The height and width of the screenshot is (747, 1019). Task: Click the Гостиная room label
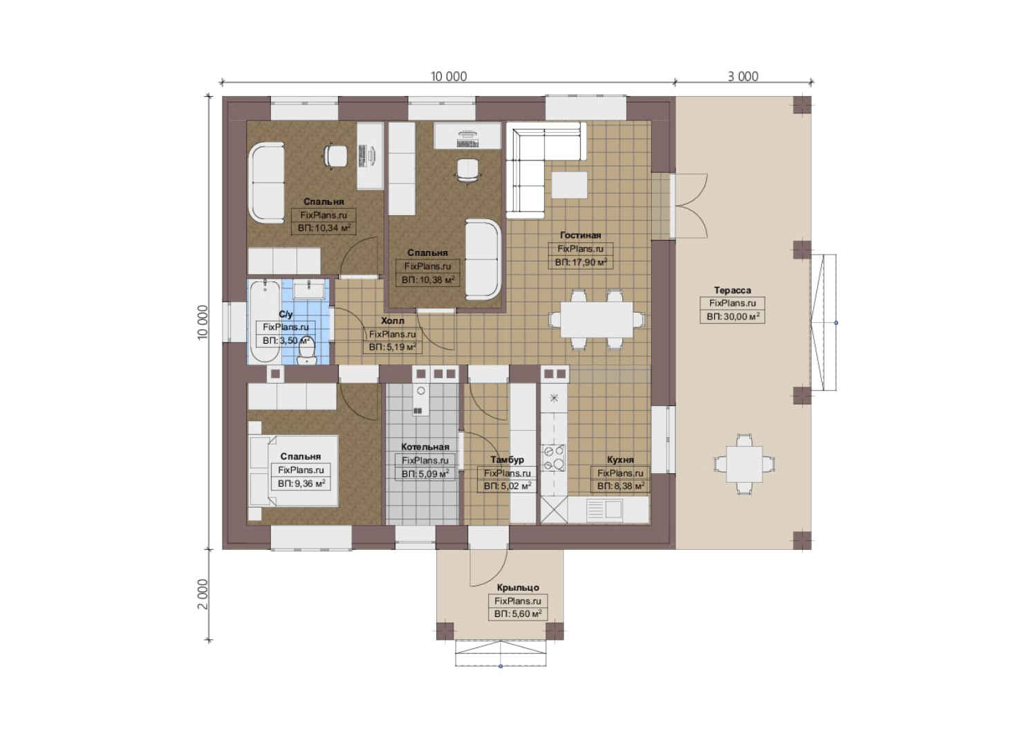click(580, 235)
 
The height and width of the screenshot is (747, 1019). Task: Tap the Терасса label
click(732, 290)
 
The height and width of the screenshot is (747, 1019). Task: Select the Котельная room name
click(425, 447)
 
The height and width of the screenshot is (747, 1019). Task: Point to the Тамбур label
click(507, 460)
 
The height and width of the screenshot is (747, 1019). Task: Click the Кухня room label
click(620, 460)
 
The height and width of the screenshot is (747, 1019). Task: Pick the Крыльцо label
click(518, 588)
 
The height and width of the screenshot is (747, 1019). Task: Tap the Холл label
click(392, 320)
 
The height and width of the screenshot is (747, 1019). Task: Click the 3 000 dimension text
click(743, 77)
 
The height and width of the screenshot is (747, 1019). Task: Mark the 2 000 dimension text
click(203, 594)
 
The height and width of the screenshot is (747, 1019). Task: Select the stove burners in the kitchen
click(553, 457)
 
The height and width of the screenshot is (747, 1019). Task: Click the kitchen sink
click(605, 509)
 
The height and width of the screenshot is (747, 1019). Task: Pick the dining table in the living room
click(596, 319)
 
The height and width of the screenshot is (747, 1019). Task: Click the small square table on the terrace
click(744, 464)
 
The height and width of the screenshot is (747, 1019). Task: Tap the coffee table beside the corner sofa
click(569, 185)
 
